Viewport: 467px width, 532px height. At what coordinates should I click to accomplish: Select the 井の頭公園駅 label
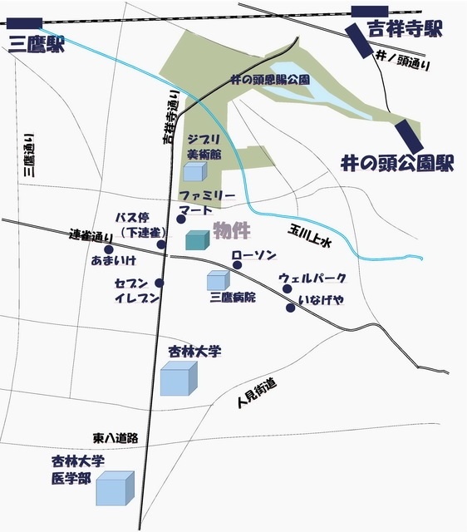coord(397,162)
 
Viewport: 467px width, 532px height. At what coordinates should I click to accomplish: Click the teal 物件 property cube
coord(196,241)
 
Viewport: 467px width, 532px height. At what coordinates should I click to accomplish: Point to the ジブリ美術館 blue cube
coord(194,172)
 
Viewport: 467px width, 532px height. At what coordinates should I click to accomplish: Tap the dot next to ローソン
coord(237,265)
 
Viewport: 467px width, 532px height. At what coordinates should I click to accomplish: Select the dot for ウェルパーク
coord(288,289)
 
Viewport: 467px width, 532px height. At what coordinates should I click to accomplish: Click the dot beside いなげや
coord(290,308)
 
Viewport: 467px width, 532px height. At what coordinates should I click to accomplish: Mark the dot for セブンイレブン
coord(159,283)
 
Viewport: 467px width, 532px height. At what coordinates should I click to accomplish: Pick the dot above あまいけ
coord(108,249)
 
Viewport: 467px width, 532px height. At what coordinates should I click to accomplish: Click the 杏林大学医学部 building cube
coord(115,489)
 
